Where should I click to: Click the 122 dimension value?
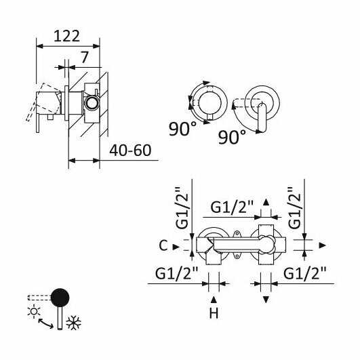[x=66, y=36]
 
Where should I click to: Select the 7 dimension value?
[x=84, y=58]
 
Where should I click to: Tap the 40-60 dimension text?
[x=130, y=151]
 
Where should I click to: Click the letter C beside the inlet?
[x=163, y=245]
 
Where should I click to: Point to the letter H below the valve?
[x=214, y=313]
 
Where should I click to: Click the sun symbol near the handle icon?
[x=34, y=311]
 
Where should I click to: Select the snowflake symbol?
[x=73, y=323]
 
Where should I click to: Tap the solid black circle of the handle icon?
[x=60, y=298]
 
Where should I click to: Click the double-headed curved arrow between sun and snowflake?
[x=46, y=323]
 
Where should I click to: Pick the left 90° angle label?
[x=183, y=129]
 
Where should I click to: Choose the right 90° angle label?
[x=232, y=137]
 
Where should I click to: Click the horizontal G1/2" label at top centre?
[x=232, y=207]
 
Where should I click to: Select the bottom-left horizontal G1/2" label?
[x=176, y=273]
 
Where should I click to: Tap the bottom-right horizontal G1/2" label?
[x=305, y=273]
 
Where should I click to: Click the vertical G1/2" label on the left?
[x=182, y=208]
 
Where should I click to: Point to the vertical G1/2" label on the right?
[x=294, y=208]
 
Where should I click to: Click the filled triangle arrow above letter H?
[x=214, y=300]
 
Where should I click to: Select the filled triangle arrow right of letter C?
[x=176, y=247]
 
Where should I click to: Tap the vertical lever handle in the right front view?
[x=262, y=117]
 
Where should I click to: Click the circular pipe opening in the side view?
[x=92, y=103]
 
